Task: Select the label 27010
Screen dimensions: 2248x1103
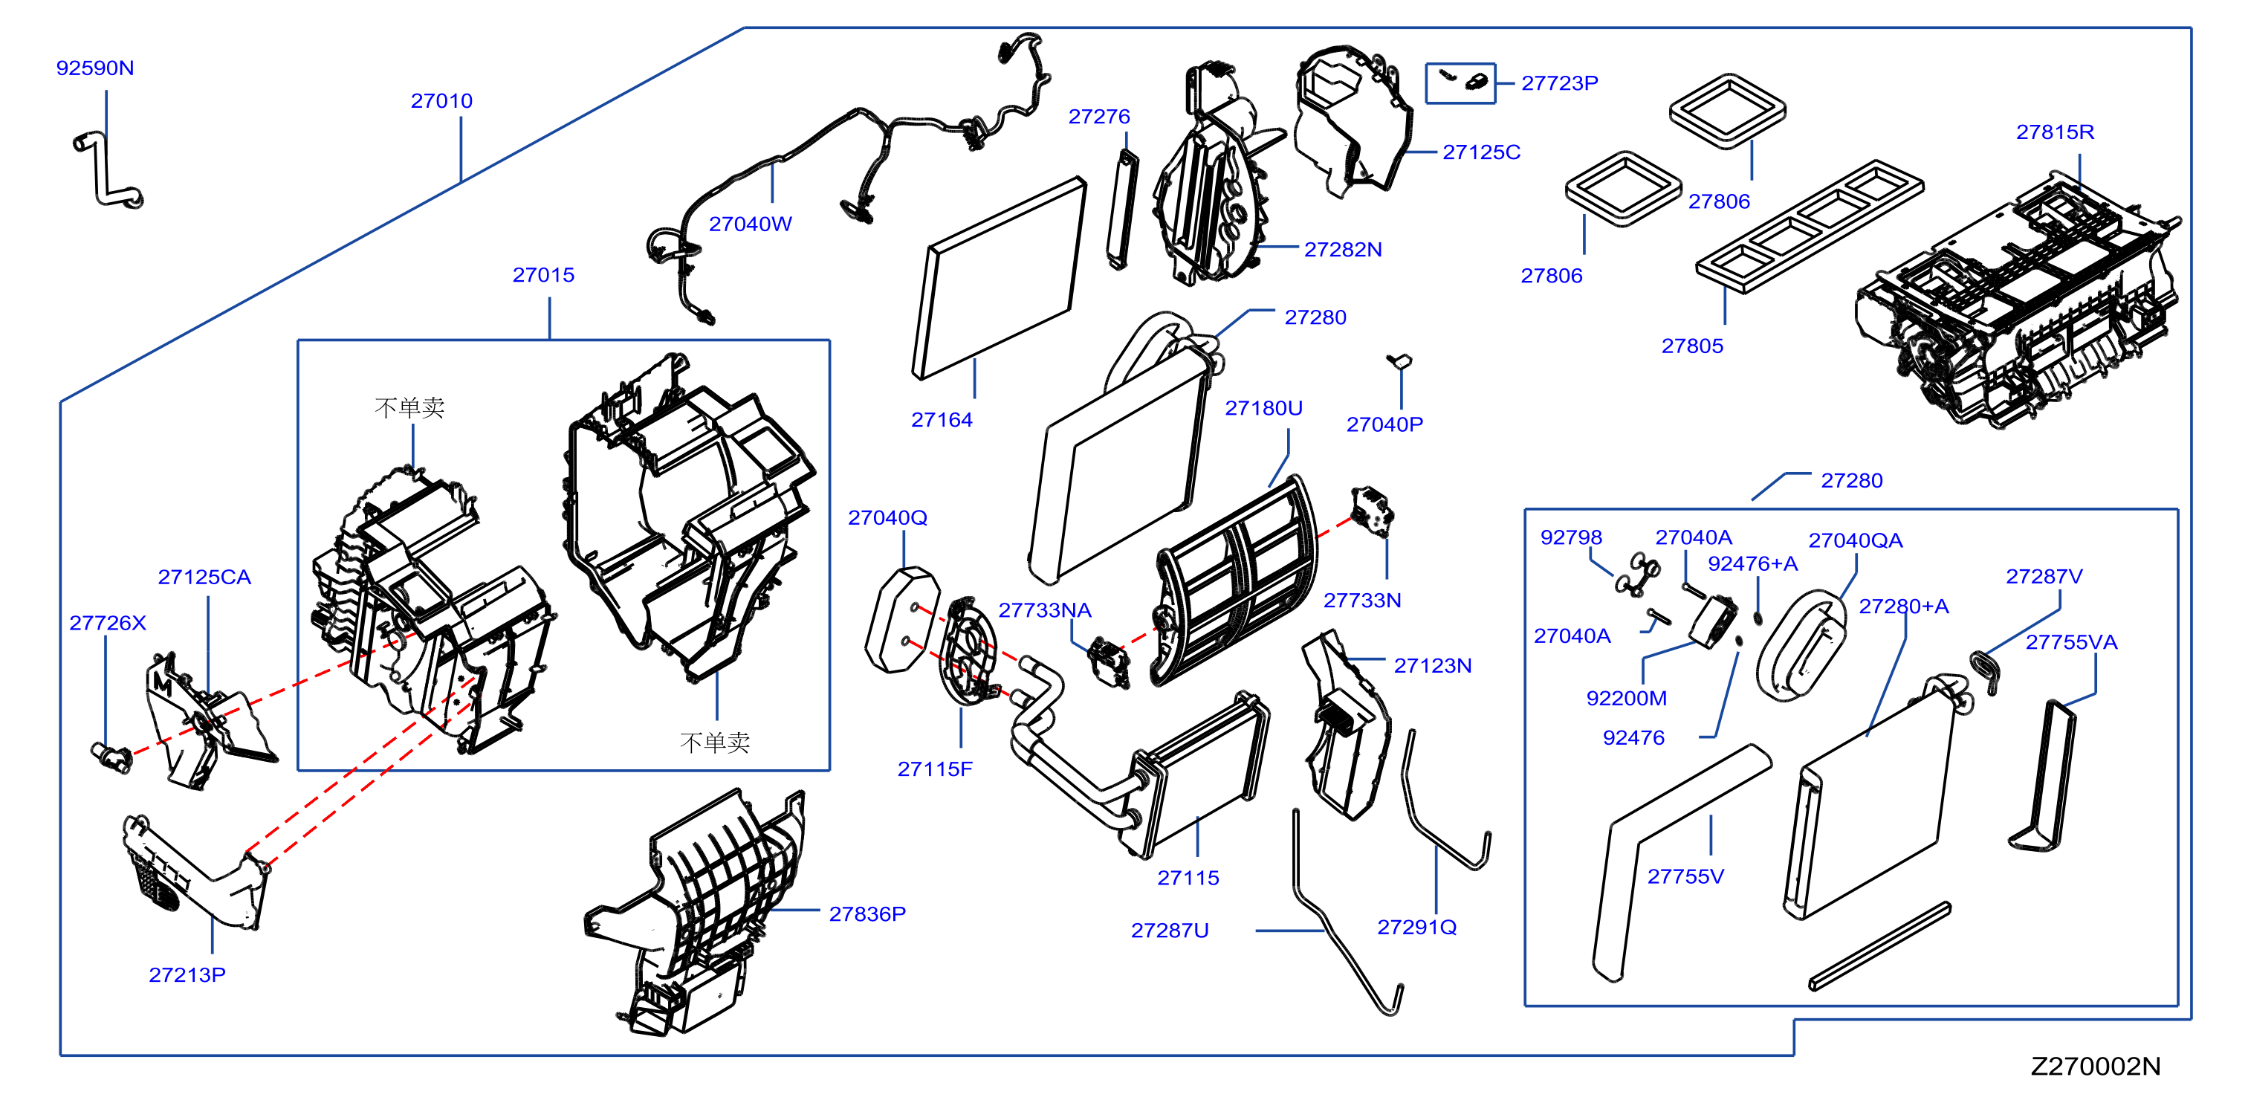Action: coord(441,100)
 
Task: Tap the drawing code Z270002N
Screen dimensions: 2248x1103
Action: coord(2095,1066)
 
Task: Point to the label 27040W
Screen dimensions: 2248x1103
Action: coord(751,224)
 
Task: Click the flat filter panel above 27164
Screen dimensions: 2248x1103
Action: coord(1000,277)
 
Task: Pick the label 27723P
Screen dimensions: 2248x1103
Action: coord(1559,83)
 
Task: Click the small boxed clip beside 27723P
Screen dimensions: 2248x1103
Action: coord(1461,83)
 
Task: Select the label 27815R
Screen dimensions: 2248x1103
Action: coord(2055,132)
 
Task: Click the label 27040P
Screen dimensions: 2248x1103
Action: coord(1384,424)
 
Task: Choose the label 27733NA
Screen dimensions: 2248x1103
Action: coord(1045,610)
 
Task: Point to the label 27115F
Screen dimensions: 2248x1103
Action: coord(935,769)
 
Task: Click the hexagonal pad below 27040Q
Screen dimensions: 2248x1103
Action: coord(902,621)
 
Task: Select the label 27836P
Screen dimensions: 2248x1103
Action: coord(867,913)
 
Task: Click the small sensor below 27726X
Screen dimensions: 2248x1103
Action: coord(111,756)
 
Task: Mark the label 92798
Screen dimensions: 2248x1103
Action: coord(1571,537)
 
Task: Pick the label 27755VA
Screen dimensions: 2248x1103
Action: coord(2071,642)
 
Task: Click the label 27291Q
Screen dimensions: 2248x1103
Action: coord(1416,927)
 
